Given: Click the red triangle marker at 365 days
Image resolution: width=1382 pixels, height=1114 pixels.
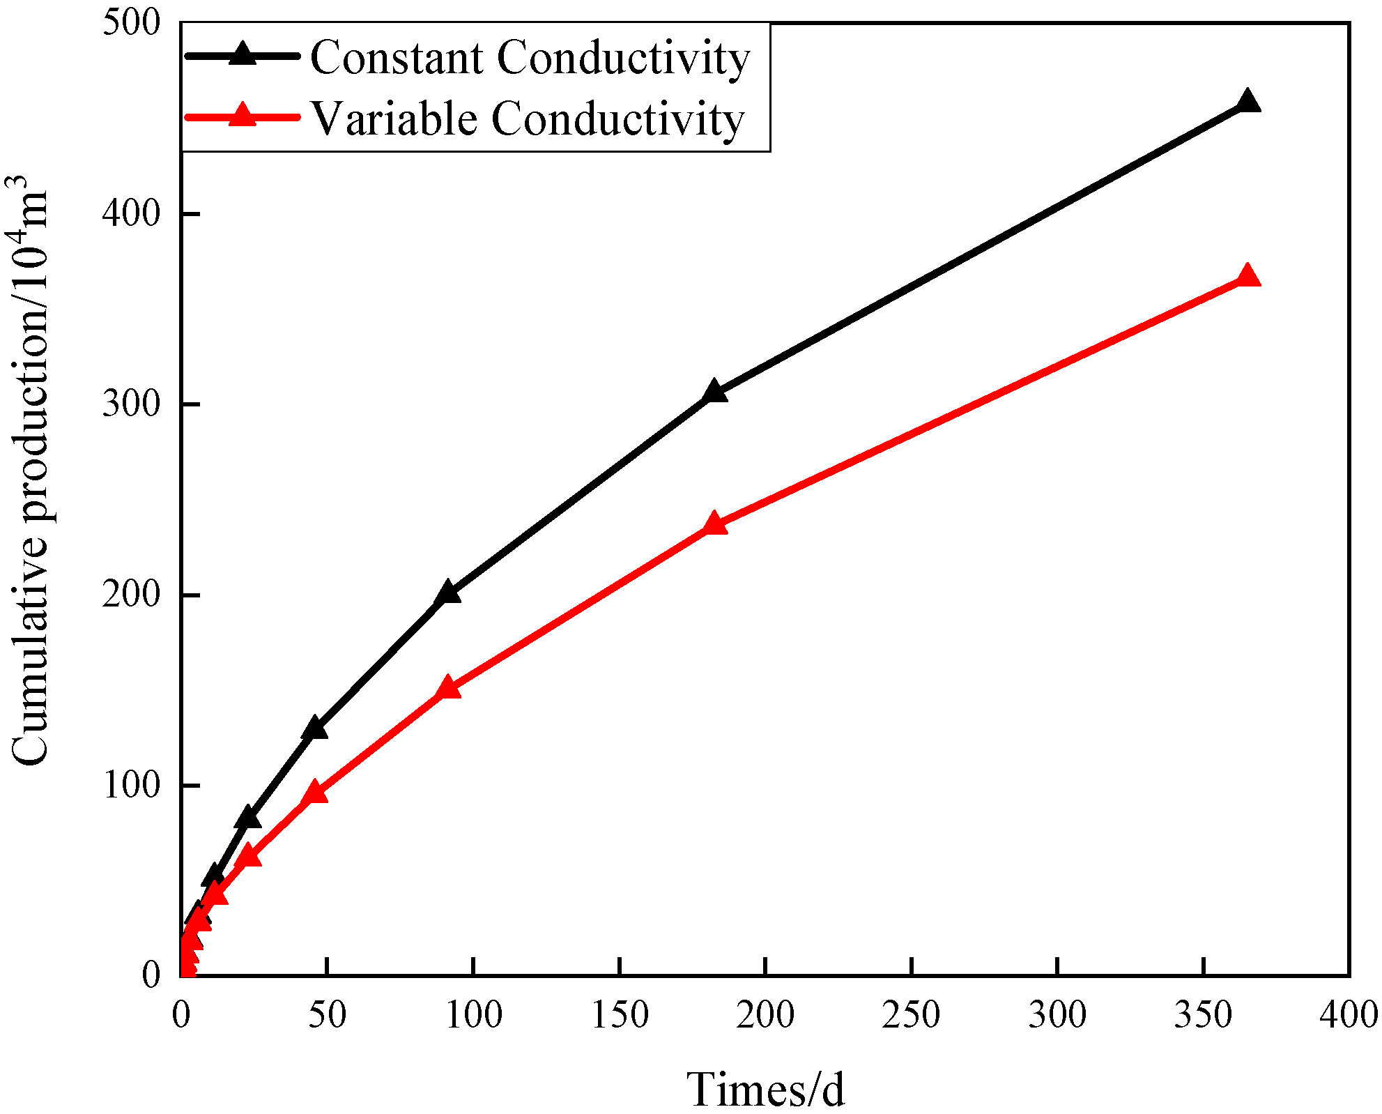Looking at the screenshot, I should click(1247, 277).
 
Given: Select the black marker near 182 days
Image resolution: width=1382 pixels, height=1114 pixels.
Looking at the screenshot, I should click(714, 392).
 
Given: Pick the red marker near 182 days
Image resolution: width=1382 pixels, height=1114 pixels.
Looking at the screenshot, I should click(714, 524).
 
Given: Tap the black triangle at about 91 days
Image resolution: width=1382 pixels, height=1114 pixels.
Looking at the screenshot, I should click(447, 593).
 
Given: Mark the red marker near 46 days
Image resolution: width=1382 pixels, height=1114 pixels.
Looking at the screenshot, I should click(315, 793).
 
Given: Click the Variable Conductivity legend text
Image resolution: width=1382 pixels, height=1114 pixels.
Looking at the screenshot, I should click(528, 119).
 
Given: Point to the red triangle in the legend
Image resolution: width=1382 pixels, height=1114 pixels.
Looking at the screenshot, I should click(243, 116).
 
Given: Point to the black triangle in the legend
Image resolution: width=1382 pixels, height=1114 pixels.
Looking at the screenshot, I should click(243, 54).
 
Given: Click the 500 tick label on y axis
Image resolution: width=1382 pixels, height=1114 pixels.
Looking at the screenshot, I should click(131, 22).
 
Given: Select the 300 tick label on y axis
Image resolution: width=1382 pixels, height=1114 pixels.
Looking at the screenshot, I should click(131, 404).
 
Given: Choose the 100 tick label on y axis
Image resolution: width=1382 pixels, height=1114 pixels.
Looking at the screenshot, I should click(131, 785).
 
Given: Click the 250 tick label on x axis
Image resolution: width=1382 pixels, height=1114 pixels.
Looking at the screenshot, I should click(911, 1015).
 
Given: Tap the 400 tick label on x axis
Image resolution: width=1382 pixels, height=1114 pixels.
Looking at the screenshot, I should click(1348, 1015).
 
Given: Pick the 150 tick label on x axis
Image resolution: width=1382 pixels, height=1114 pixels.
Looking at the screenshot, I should click(619, 1015).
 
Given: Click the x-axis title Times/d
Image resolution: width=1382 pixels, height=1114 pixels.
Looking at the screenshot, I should click(765, 1089).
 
